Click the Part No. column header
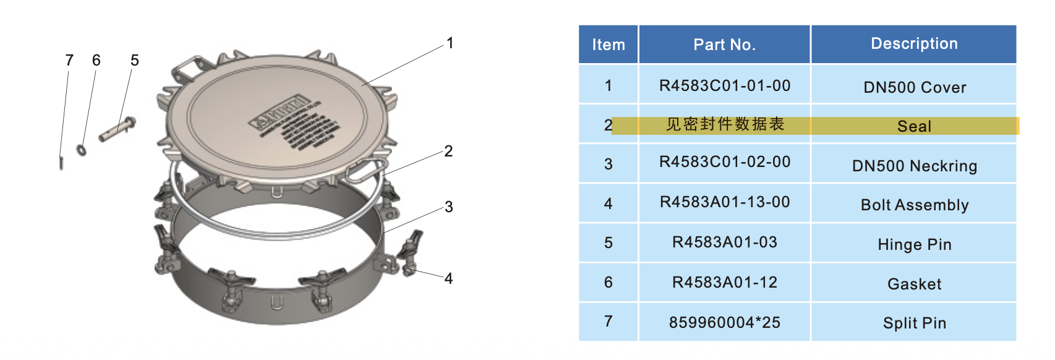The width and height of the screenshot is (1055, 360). point(724,45)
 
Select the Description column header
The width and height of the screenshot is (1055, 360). point(914,44)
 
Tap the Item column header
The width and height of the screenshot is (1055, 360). point(609,45)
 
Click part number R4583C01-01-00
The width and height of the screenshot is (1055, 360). point(725,86)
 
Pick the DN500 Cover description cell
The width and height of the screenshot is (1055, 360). point(915,87)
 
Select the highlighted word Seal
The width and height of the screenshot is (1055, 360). point(914,126)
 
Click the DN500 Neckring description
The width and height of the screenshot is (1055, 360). point(915,166)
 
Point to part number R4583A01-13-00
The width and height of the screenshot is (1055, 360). point(725,202)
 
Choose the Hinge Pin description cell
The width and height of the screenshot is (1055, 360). point(915,244)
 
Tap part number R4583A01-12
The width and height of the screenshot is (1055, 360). point(725,283)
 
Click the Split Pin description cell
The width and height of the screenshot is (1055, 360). point(915,323)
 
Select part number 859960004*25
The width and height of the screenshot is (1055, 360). point(725,322)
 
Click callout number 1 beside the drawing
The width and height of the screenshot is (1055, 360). point(450,43)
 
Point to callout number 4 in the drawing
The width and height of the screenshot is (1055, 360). point(448,278)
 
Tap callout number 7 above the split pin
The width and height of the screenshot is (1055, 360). point(69,60)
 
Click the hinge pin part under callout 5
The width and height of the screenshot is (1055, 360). point(117,129)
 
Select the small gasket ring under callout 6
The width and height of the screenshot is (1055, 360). point(81,150)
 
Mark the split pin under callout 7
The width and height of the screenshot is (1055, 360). point(61,162)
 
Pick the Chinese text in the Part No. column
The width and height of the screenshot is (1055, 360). point(725,124)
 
